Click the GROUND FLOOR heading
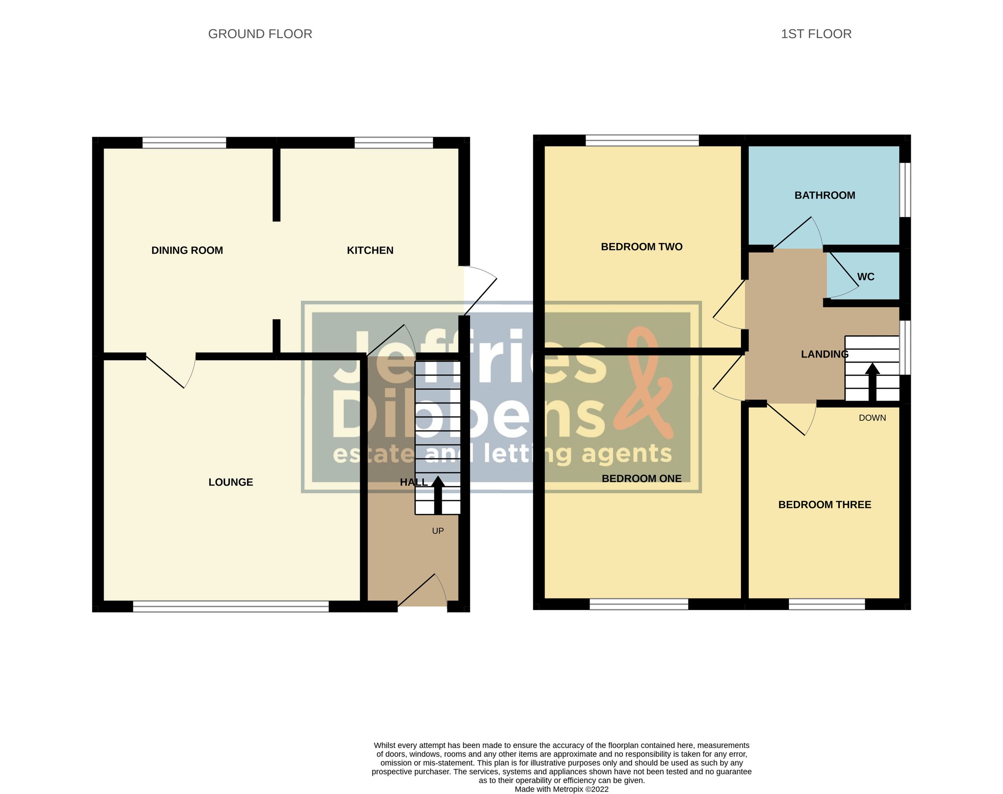(260, 34)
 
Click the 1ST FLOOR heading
(815, 34)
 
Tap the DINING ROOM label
(187, 251)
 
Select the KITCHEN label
(370, 251)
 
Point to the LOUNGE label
(231, 483)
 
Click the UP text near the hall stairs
(438, 531)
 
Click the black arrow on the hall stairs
(438, 494)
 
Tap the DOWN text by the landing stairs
(872, 418)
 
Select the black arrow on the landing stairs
(872, 382)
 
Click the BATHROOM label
(824, 195)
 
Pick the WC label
(865, 277)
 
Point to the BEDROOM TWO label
(641, 247)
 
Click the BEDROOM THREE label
(824, 505)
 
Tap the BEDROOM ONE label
(641, 479)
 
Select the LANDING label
(824, 354)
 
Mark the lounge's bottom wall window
(231, 606)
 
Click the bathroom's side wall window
(905, 189)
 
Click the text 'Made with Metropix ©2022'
(561, 789)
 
